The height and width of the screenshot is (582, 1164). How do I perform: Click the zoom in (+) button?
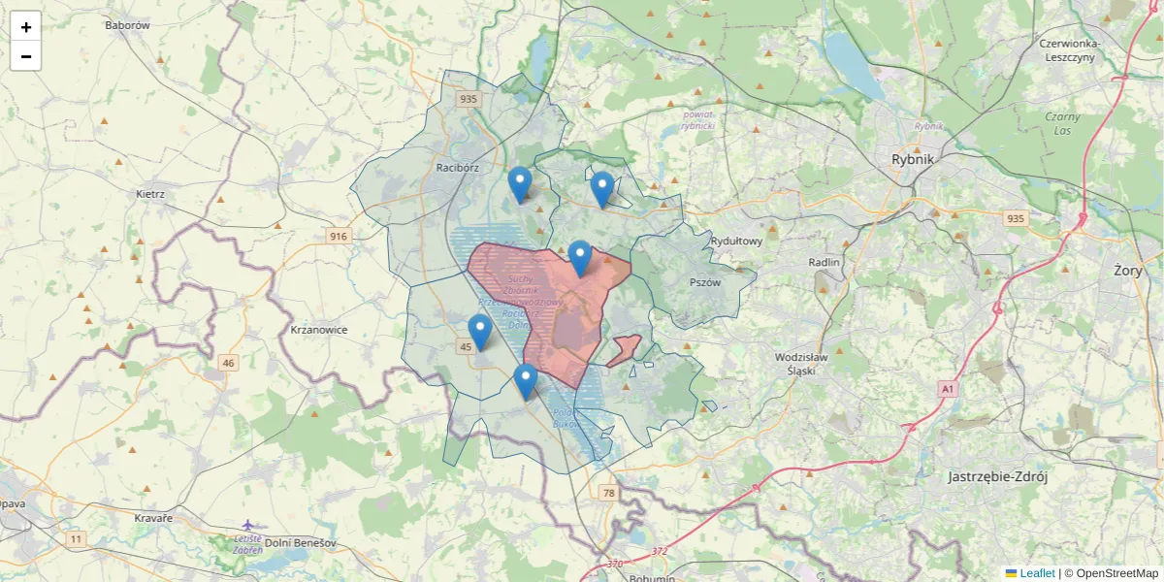(26, 26)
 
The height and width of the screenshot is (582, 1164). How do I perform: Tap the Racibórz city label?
(458, 167)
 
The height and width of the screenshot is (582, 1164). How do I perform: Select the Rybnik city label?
(912, 160)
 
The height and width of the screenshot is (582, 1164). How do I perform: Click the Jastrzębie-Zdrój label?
(998, 476)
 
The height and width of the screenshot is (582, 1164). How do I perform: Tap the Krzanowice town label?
(318, 330)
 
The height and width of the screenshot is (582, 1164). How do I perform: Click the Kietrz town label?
(150, 194)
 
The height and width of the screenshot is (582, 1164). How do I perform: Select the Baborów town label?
(127, 25)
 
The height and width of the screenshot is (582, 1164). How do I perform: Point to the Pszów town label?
(705, 282)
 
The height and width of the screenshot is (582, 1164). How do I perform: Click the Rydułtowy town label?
(736, 241)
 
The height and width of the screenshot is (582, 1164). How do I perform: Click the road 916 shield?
(338, 237)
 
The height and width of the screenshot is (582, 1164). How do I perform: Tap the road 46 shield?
(228, 364)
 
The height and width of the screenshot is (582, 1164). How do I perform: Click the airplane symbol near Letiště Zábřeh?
(249, 525)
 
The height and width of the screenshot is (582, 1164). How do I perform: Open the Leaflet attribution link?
(1036, 573)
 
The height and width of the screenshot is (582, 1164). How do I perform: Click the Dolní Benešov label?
(300, 543)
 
